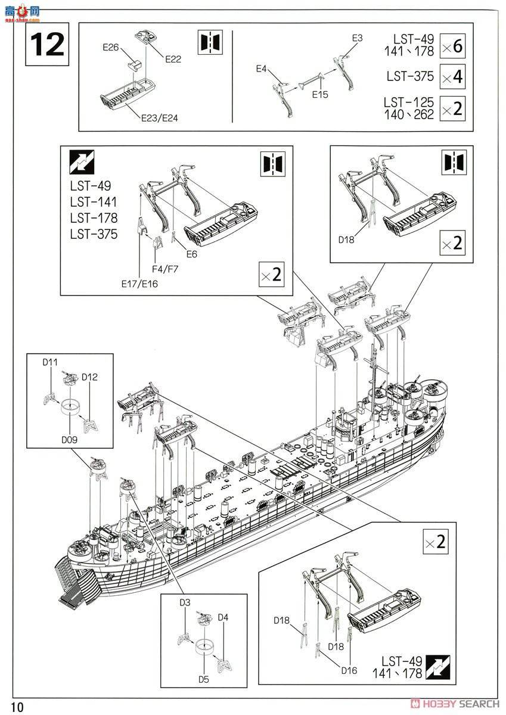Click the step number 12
pos(47,43)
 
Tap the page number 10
pos(17,707)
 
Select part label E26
pos(111,48)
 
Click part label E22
pos(173,58)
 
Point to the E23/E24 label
pos(159,117)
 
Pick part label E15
pos(319,94)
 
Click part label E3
pos(357,38)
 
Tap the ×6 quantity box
pos(452,45)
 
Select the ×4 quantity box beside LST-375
pos(452,77)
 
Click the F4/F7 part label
pos(165,269)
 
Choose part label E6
pos(191,254)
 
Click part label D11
pos(49,362)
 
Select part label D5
pos(204,679)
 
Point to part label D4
pos(222,617)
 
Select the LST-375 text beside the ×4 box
pos(410,76)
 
